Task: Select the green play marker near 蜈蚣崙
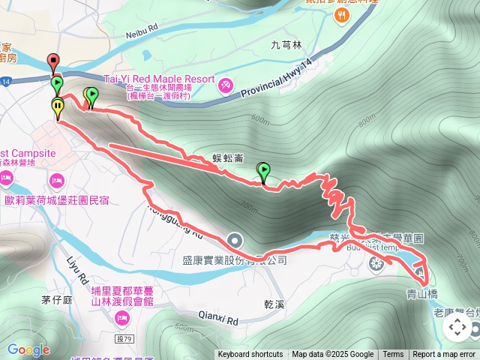pyautogui.click(x=263, y=171)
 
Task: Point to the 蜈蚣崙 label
pyautogui.click(x=227, y=158)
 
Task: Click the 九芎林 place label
pyautogui.click(x=286, y=45)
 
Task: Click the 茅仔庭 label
pyautogui.click(x=56, y=300)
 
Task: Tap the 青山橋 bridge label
pyautogui.click(x=423, y=294)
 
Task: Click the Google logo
pyautogui.click(x=28, y=350)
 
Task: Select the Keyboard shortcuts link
pyautogui.click(x=250, y=355)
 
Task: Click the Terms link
pyautogui.click(x=393, y=355)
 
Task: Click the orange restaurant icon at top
pyautogui.click(x=341, y=14)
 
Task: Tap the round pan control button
pyautogui.click(x=457, y=327)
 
